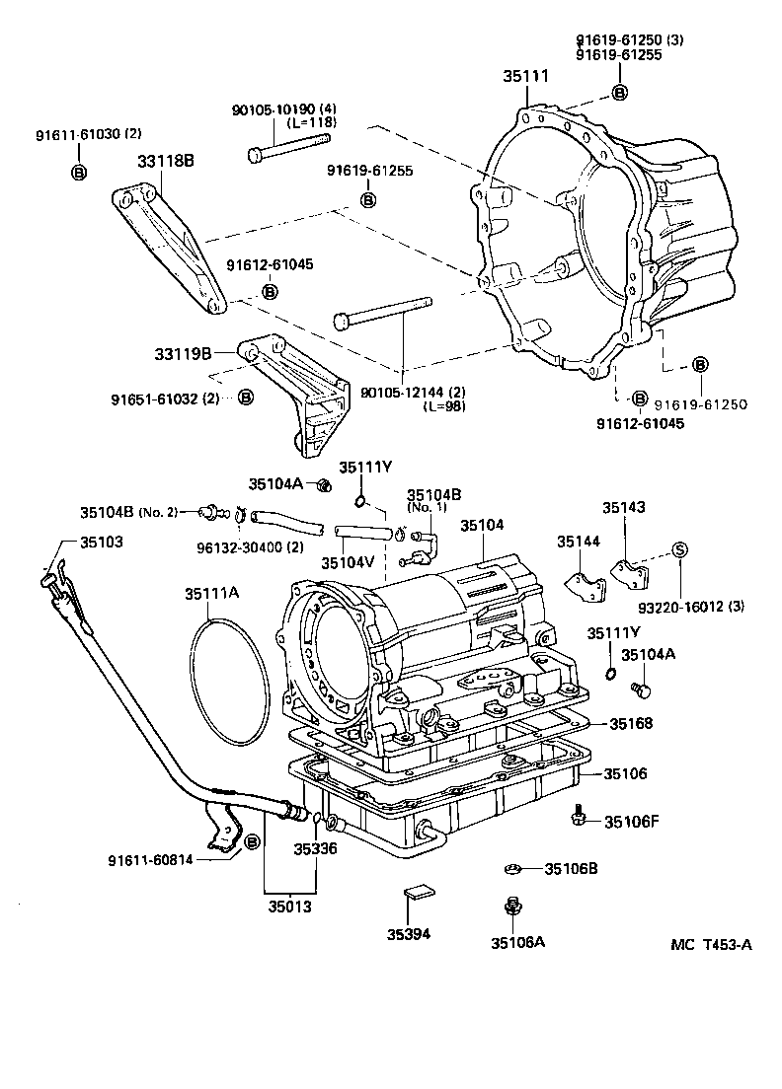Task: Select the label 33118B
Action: coord(164,162)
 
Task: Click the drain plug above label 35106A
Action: coord(511,906)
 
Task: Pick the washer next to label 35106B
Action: coord(511,869)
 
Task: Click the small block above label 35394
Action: coord(418,895)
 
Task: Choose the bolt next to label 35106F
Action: coord(579,815)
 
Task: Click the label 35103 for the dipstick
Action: coord(103,543)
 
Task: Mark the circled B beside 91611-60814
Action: coord(251,842)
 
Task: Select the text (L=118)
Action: coord(312,122)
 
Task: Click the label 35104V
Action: coord(347,562)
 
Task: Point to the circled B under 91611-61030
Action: coord(78,174)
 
